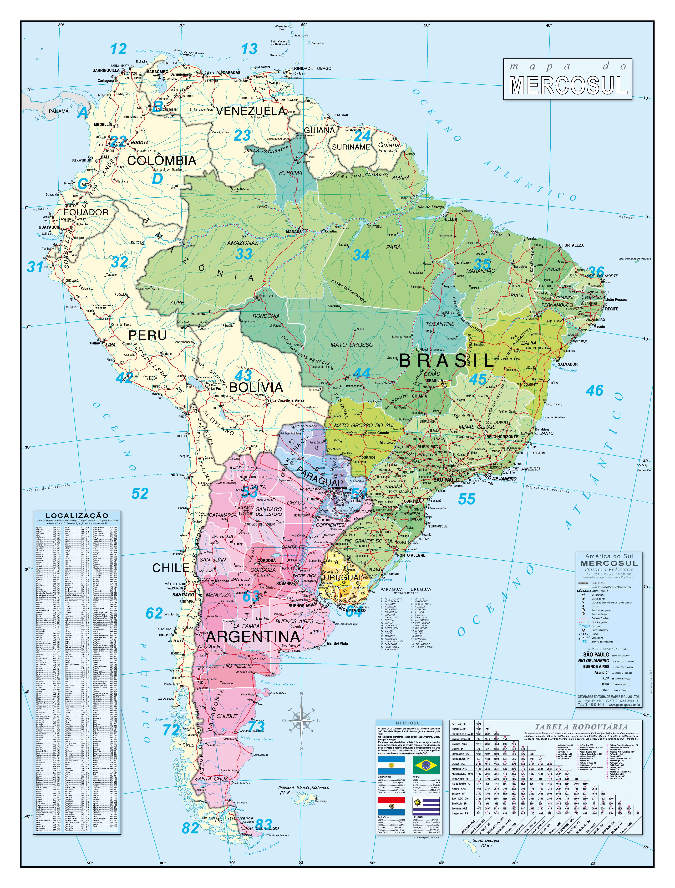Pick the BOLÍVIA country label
256,387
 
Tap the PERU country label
147,335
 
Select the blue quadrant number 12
119,49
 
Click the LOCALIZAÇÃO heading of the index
77,515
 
